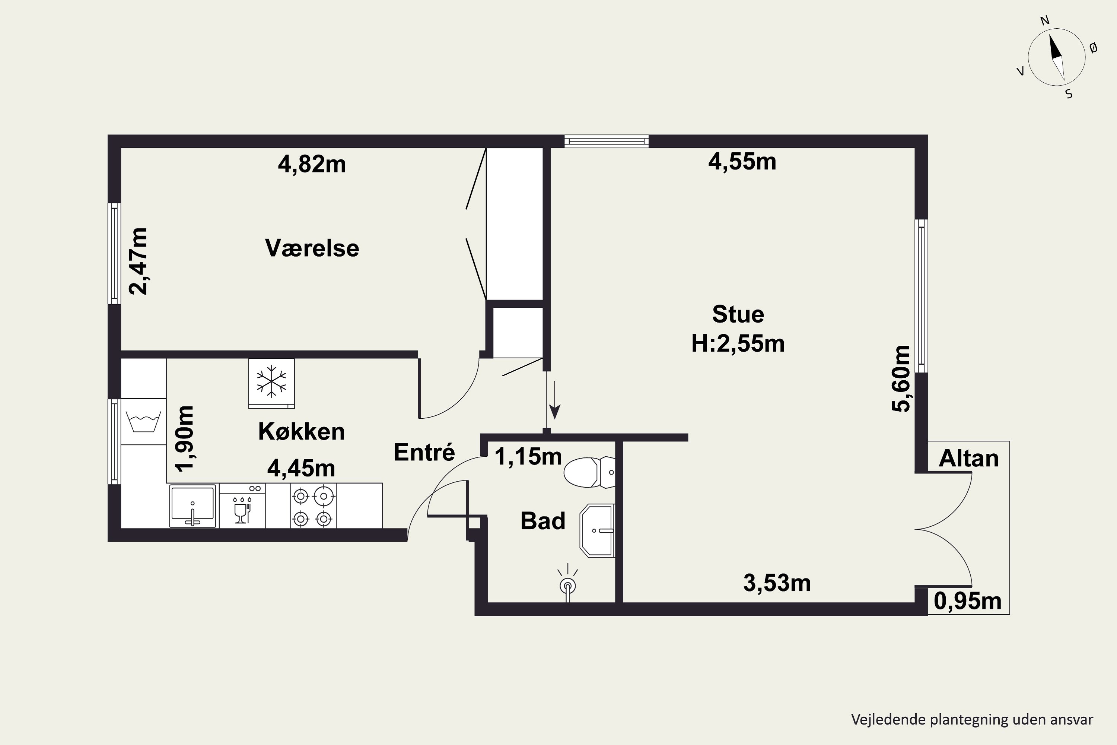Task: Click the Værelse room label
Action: [312, 248]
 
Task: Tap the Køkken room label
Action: [302, 431]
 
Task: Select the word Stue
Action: [738, 314]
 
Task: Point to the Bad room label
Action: [543, 521]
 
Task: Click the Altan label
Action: [969, 459]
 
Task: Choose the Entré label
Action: [424, 452]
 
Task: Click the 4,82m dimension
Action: [312, 164]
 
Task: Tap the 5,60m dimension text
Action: [901, 379]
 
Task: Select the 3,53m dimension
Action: [777, 583]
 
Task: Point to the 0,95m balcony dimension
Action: [968, 602]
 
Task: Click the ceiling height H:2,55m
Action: [738, 343]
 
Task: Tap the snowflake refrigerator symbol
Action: [271, 383]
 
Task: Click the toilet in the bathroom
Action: [589, 472]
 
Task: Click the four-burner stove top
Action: [313, 506]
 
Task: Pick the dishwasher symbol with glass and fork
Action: [242, 506]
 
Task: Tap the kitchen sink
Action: [193, 506]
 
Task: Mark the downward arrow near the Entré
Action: [554, 400]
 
